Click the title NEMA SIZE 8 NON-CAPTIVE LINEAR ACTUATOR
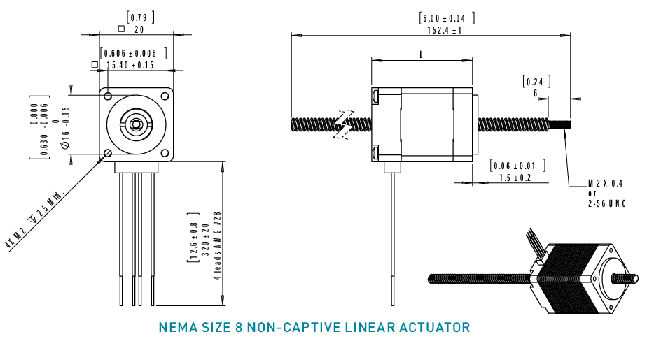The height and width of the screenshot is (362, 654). pyautogui.click(x=314, y=327)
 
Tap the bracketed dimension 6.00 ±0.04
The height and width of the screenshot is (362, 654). pyautogui.click(x=446, y=17)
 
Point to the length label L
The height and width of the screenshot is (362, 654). pyautogui.click(x=420, y=55)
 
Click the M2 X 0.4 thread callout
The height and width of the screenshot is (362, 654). pyautogui.click(x=606, y=183)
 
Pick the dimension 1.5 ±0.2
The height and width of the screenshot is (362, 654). pyautogui.click(x=515, y=178)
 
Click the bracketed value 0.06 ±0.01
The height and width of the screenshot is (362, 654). pyautogui.click(x=515, y=166)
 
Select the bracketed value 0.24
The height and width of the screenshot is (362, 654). pyautogui.click(x=536, y=81)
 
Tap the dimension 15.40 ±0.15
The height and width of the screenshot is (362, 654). pyautogui.click(x=130, y=65)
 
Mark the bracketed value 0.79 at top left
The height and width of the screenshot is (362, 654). pyautogui.click(x=139, y=17)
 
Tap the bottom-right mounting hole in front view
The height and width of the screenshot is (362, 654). pyautogui.click(x=165, y=153)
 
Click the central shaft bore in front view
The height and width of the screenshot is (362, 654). pyautogui.click(x=137, y=124)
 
